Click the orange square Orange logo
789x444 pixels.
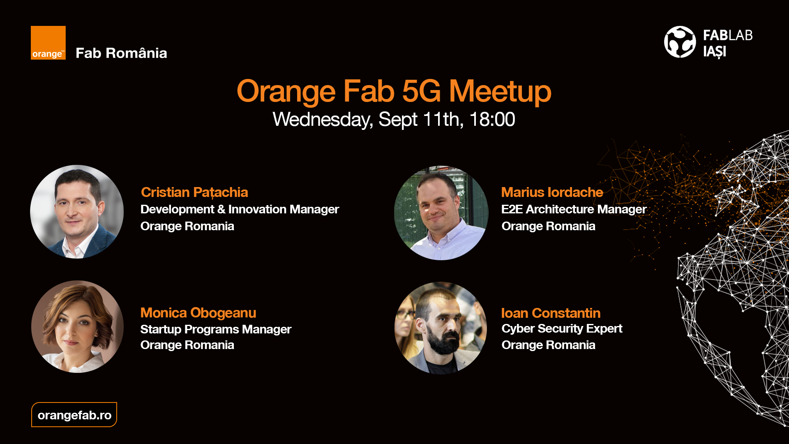pyautogui.click(x=48, y=43)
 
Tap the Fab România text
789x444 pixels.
pyautogui.click(x=121, y=53)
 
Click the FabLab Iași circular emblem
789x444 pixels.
pyautogui.click(x=680, y=42)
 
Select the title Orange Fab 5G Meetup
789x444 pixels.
pyautogui.click(x=394, y=91)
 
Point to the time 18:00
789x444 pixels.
pyautogui.click(x=492, y=120)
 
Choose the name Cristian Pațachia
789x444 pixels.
pyautogui.click(x=194, y=192)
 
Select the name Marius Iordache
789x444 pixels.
pyautogui.click(x=552, y=192)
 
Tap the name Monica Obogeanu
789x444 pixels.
pyautogui.click(x=198, y=313)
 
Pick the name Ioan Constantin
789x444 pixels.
pyautogui.click(x=551, y=313)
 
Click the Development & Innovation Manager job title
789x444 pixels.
pyautogui.click(x=240, y=209)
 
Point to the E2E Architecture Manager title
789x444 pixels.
pyautogui.click(x=574, y=209)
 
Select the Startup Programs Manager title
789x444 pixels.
pyautogui.click(x=216, y=329)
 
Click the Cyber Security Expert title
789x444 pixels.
pyautogui.click(x=562, y=329)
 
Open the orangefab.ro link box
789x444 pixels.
pyautogui.click(x=74, y=415)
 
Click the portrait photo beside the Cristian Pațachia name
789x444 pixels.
pyautogui.click(x=77, y=212)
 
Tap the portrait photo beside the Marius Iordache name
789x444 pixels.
pyautogui.click(x=441, y=213)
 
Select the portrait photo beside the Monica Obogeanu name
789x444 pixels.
pyautogui.click(x=77, y=327)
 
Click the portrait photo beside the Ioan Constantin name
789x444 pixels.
pyautogui.click(x=441, y=328)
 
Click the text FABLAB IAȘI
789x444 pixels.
pyautogui.click(x=728, y=44)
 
